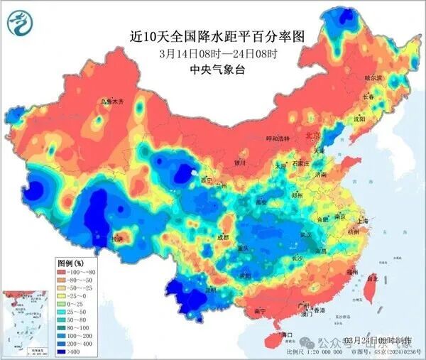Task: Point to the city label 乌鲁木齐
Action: (x=111, y=102)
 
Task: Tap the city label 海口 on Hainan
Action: (x=287, y=334)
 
